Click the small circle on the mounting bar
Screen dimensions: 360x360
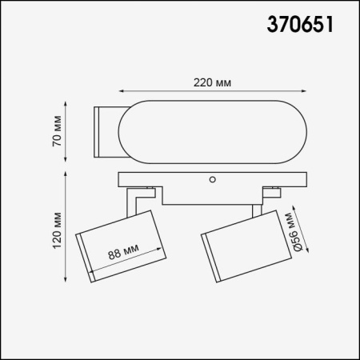214,180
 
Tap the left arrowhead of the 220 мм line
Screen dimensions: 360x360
122,91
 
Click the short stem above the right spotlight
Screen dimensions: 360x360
255,210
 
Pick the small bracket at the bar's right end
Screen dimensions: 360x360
275,191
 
